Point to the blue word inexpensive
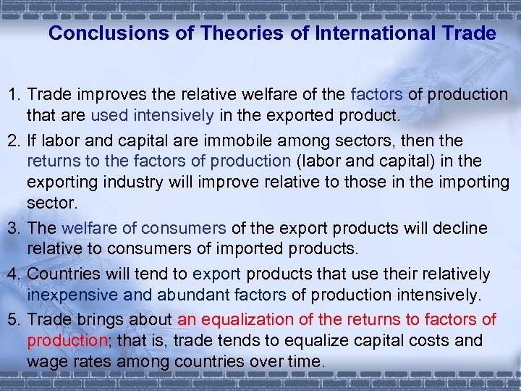pyautogui.click(x=69, y=295)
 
